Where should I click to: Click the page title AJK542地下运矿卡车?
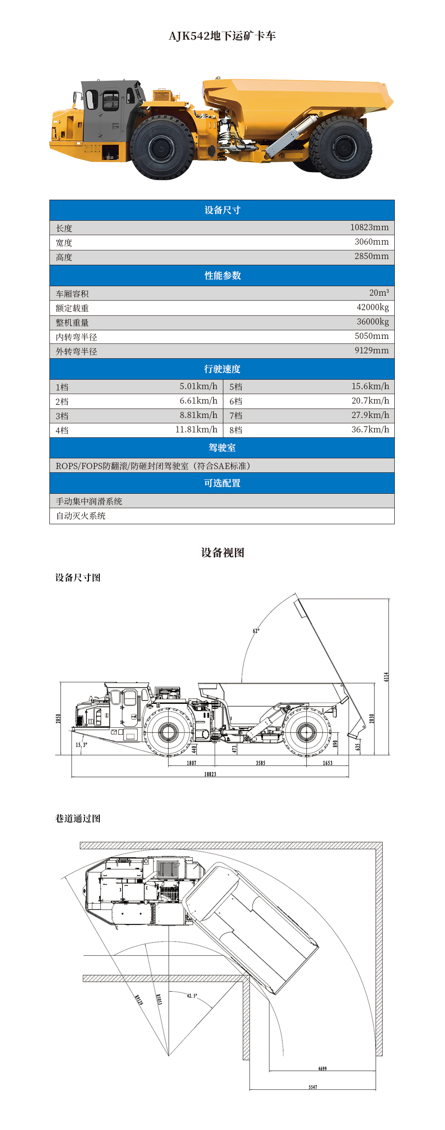[x=222, y=36]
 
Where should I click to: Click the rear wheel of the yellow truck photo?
[x=341, y=147]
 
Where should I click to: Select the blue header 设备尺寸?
[x=222, y=210]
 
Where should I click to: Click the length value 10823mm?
[x=369, y=227]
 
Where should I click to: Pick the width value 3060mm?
[x=371, y=242]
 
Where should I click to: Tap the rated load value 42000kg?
[x=372, y=307]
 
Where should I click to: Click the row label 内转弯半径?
[x=76, y=337]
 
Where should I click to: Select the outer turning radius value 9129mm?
[x=371, y=350]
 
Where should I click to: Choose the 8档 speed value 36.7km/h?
[x=370, y=430]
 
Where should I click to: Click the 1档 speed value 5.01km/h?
[x=198, y=386]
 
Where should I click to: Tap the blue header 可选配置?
[x=222, y=483]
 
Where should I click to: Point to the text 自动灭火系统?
[x=81, y=516]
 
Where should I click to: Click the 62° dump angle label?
[x=256, y=631]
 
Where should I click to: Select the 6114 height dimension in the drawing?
[x=386, y=677]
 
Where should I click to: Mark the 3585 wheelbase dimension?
[x=261, y=763]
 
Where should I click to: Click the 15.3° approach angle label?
[x=81, y=745]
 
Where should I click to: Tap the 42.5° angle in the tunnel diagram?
[x=192, y=996]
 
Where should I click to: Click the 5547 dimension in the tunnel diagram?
[x=312, y=1087]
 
